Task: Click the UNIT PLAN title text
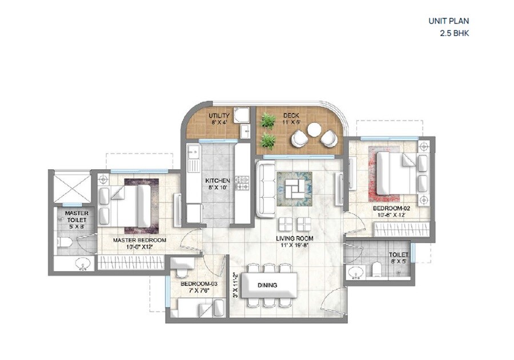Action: pyautogui.click(x=448, y=22)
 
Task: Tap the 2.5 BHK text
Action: pyautogui.click(x=453, y=33)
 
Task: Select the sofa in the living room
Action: pyautogui.click(x=264, y=188)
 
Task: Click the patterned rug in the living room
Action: pyautogui.click(x=295, y=189)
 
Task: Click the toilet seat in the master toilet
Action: pyautogui.click(x=64, y=243)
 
